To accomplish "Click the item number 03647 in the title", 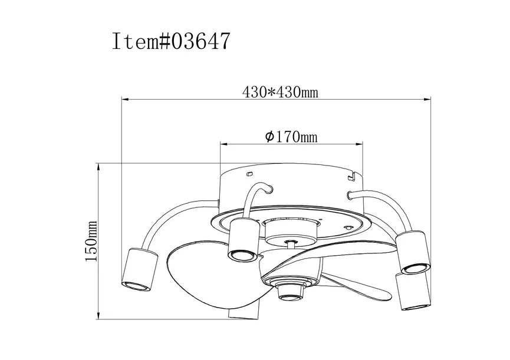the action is pos(200,41).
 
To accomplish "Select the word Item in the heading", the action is pos(135,41).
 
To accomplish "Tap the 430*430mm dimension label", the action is pos(280,93).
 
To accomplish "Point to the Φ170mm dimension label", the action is pos(291,137).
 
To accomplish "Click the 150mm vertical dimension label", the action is pos(91,240).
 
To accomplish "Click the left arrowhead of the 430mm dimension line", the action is pos(126,99).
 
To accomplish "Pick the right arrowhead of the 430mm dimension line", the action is pos(426,99).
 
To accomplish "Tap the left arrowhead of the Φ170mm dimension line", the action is pos(225,143).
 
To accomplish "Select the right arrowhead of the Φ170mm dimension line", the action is pos(358,143).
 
